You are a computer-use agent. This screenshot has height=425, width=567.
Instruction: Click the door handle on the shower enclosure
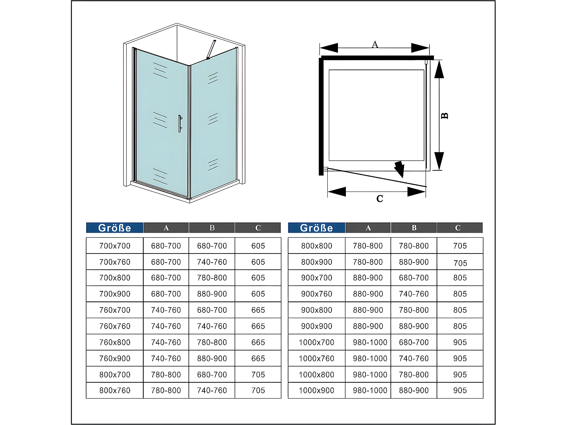[x=180, y=124]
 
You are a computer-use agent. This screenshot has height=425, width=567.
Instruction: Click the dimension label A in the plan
[x=375, y=45]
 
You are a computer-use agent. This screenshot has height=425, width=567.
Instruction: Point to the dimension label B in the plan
[x=445, y=116]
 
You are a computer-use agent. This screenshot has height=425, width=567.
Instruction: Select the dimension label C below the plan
[x=380, y=199]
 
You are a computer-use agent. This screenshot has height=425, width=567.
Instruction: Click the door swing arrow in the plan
[x=399, y=169]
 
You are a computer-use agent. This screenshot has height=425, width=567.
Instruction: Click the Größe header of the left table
[x=115, y=228]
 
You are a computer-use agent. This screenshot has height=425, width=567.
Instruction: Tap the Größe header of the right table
[x=316, y=228]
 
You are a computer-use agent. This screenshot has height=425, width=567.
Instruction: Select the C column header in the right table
[x=458, y=228]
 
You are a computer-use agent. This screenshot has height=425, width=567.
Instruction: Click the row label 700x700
[x=115, y=246]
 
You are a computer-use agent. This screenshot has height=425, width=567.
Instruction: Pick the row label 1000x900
[x=316, y=391]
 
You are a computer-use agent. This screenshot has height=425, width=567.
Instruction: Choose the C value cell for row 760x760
[x=258, y=326]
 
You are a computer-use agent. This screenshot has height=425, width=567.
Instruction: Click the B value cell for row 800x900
[x=414, y=262]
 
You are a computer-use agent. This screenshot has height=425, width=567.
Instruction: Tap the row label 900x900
[x=316, y=326]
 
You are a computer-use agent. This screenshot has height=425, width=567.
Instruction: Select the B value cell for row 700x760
[x=212, y=262]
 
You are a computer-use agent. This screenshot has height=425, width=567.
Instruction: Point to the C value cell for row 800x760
[x=258, y=391]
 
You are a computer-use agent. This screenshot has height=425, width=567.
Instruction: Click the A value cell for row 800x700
[x=166, y=375]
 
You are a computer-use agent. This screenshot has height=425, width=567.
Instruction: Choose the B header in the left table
[x=212, y=228]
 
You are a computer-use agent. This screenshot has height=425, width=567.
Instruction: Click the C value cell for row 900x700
[x=460, y=278]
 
